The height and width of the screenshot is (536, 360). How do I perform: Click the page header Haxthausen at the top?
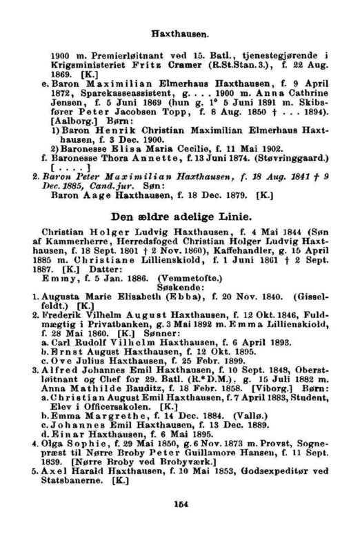click(180, 32)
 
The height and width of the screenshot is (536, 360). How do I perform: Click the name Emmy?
click(57, 273)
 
